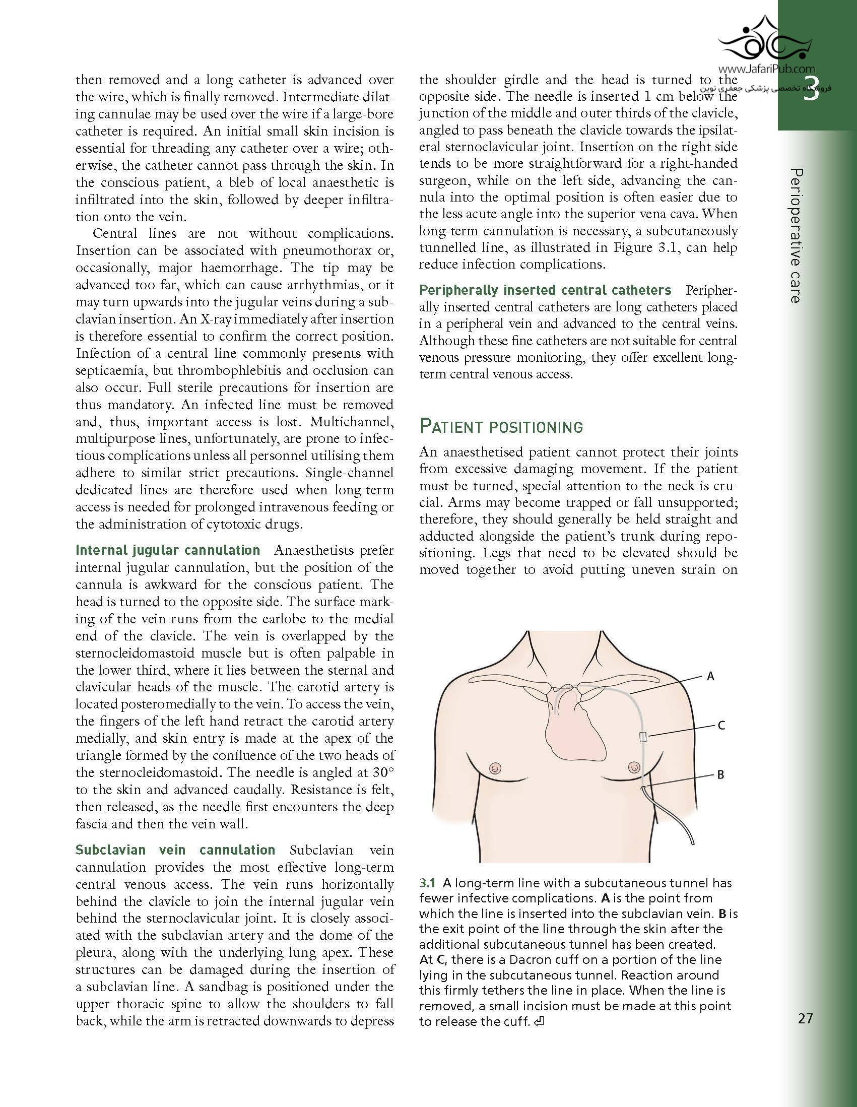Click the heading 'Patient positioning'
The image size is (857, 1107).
[501, 427]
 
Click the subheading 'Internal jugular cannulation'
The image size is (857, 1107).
[167, 550]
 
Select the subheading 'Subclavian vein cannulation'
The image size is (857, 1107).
[175, 850]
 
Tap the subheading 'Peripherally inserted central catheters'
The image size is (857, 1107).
[545, 290]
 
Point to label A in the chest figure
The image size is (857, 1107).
[710, 676]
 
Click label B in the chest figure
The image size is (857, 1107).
[720, 774]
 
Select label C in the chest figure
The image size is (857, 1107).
[721, 726]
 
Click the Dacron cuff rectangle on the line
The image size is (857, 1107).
[642, 736]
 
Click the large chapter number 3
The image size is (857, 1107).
[811, 90]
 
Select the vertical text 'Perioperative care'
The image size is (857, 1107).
[796, 236]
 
